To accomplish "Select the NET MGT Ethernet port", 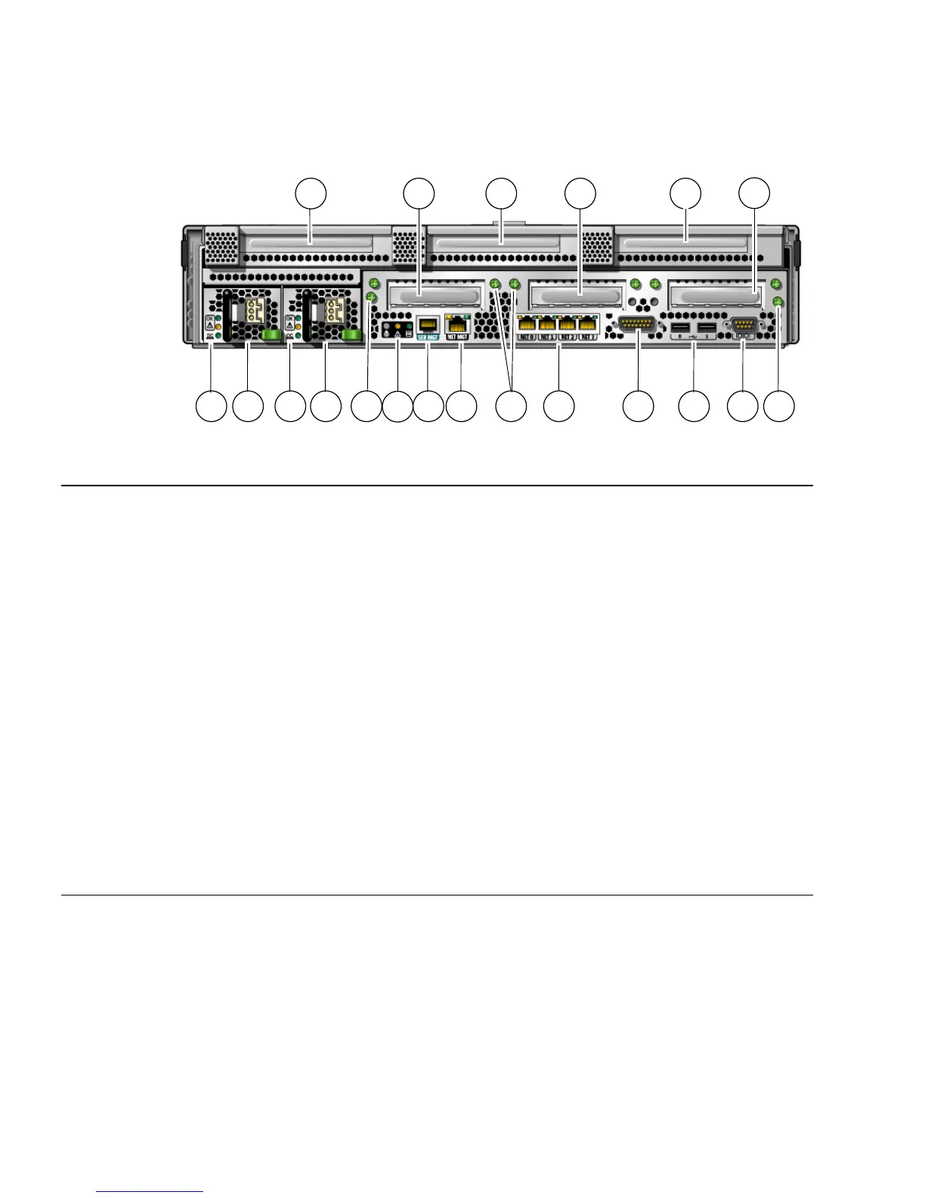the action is [x=458, y=323].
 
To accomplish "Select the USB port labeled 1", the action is [x=706, y=327].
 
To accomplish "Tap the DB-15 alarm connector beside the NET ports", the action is [x=636, y=324].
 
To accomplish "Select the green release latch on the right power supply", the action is [x=350, y=334].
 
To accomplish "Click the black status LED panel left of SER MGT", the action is [x=398, y=329].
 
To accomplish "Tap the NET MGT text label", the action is [x=458, y=337].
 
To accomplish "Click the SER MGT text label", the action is [x=428, y=337].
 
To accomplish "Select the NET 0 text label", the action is [x=527, y=337].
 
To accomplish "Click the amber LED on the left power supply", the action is [x=218, y=326].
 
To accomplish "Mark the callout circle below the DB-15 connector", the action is [x=638, y=406].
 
